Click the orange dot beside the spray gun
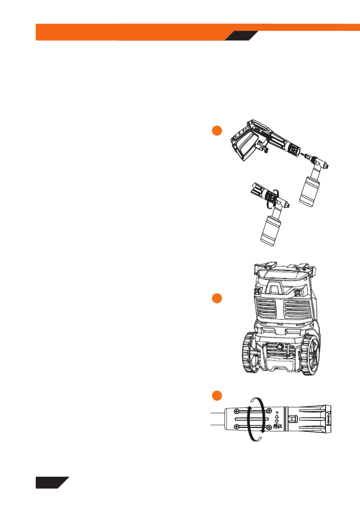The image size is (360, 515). [x=216, y=131]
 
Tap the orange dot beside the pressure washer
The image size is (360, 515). [x=216, y=298]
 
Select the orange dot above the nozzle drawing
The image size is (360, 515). [x=216, y=395]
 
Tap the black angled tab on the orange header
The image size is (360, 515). [x=241, y=36]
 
